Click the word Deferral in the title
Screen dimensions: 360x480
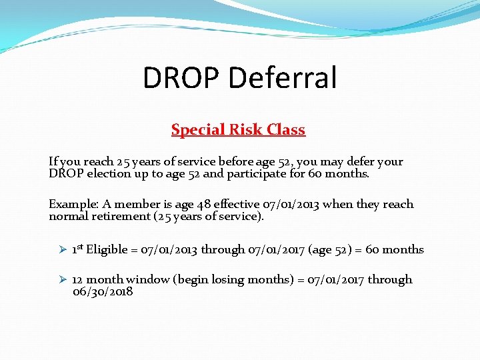pyautogui.click(x=283, y=78)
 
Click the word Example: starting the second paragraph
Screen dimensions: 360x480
pyautogui.click(x=73, y=205)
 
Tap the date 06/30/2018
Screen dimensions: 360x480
pyautogui.click(x=103, y=292)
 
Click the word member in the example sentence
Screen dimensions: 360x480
pyautogui.click(x=133, y=205)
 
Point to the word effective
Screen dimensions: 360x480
pyautogui.click(x=237, y=205)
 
